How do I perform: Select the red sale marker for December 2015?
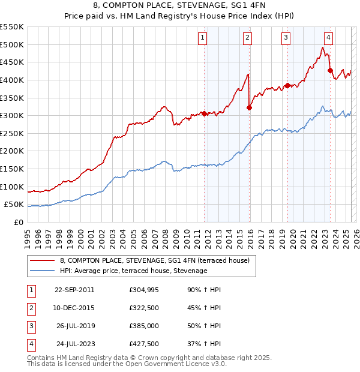tap(249, 107)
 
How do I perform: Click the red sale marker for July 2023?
tap(330, 70)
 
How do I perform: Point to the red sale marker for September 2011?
tap(204, 113)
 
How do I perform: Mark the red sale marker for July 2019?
tap(287, 85)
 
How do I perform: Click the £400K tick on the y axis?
tap(12, 80)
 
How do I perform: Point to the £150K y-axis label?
tap(12, 169)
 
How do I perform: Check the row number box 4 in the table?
tap(30, 344)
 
